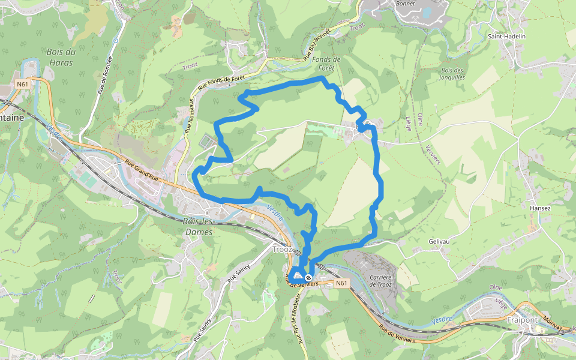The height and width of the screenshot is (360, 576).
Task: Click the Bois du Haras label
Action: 61,57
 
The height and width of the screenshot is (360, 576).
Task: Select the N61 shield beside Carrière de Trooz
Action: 341,283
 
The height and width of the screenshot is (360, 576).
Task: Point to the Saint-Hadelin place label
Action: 506,36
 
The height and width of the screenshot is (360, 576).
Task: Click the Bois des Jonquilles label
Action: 452,74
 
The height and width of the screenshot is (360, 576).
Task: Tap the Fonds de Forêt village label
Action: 326,64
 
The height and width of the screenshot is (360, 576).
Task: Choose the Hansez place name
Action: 540,208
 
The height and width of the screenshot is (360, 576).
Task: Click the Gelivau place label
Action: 439,241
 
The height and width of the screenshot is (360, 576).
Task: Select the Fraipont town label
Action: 521,320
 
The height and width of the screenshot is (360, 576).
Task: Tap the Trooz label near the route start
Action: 282,249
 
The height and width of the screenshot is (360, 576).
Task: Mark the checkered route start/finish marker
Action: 308,278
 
